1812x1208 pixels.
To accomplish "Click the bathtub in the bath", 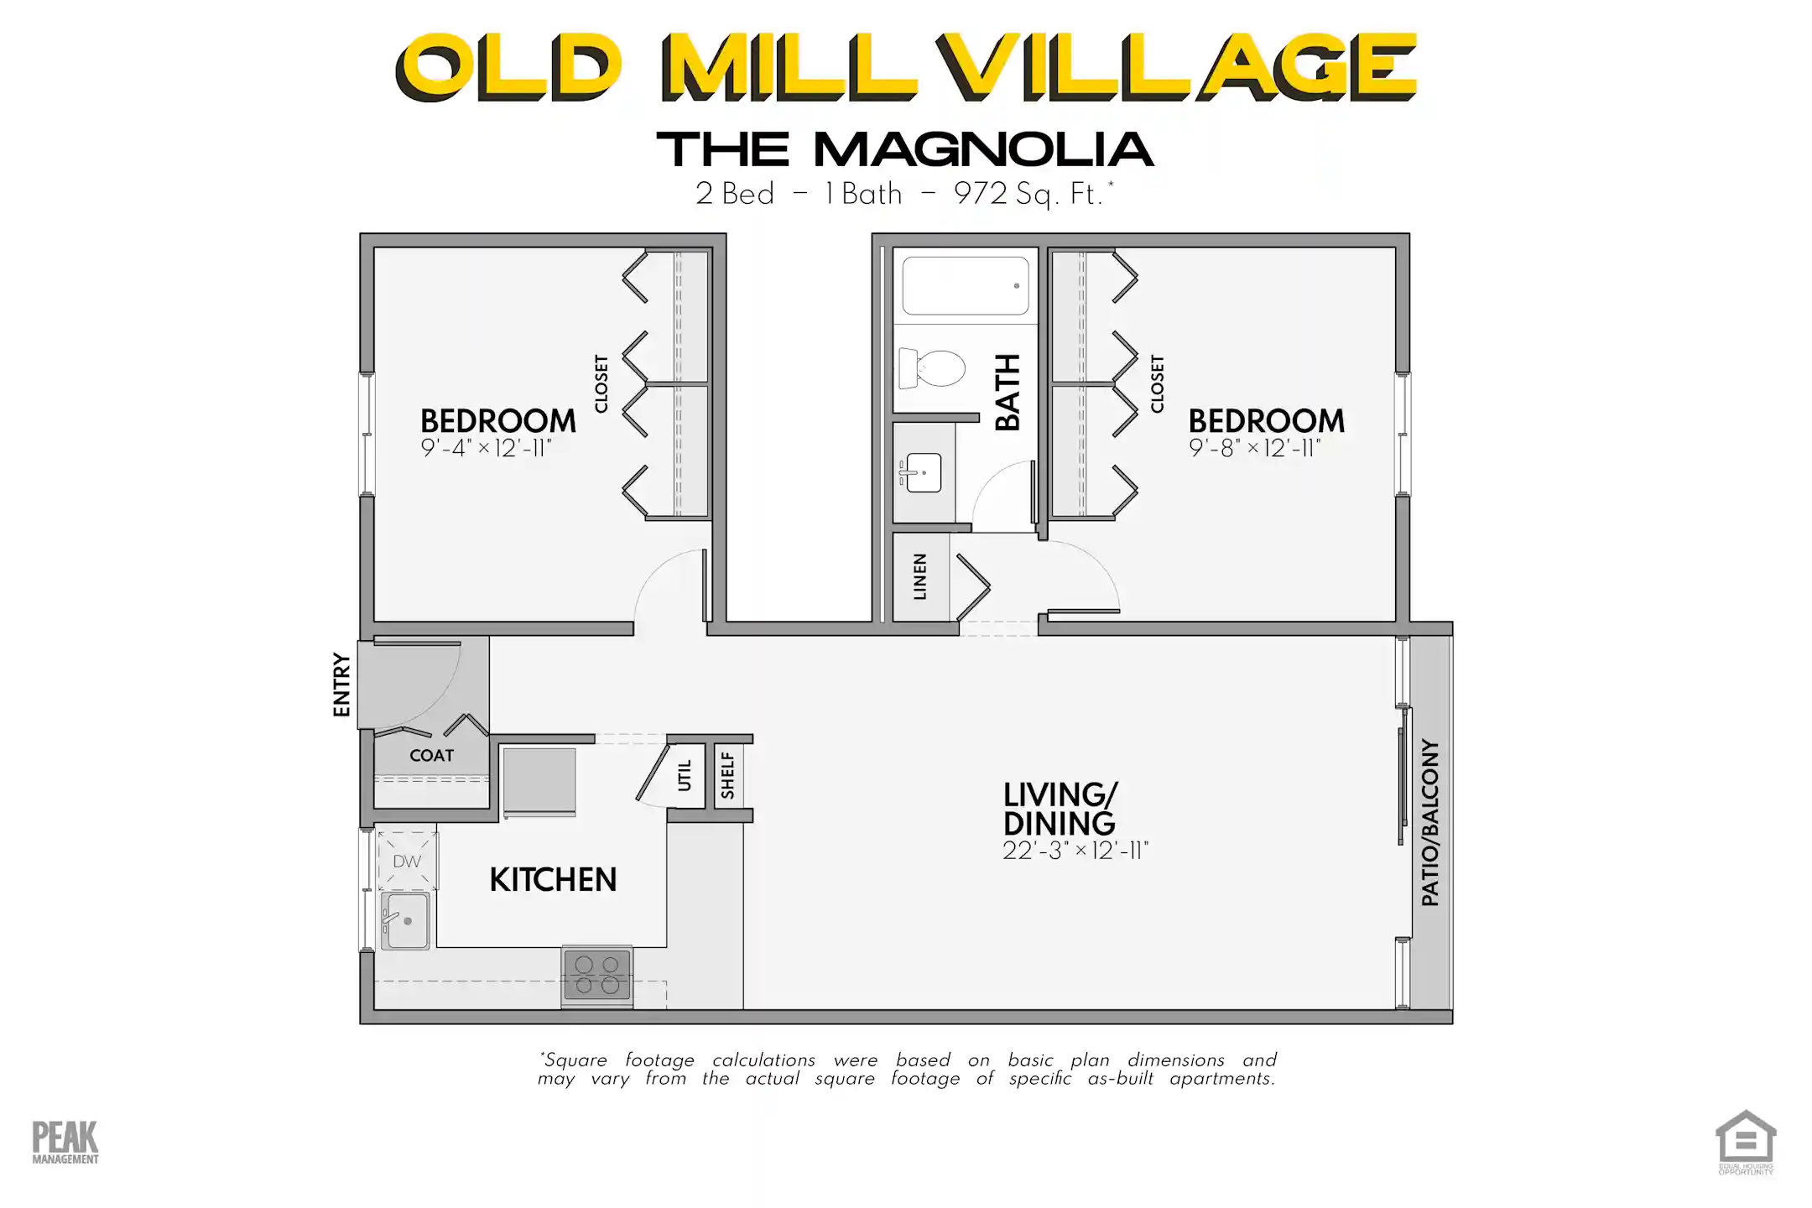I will (966, 286).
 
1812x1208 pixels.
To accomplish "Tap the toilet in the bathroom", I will (933, 368).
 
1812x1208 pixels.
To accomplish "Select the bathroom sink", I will (922, 472).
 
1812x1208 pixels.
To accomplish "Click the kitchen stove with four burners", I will (597, 976).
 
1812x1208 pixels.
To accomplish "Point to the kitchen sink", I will (406, 920).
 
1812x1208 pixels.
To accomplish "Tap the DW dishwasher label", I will (407, 862).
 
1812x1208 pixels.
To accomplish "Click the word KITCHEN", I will (553, 880).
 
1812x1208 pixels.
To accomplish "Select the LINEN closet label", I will (920, 576).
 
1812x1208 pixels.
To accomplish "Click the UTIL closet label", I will (685, 775).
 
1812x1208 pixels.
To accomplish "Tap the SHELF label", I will (727, 775).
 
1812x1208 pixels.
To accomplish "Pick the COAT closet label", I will (431, 756).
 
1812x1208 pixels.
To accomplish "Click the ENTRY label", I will (341, 685).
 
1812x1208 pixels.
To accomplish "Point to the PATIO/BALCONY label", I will (1430, 822).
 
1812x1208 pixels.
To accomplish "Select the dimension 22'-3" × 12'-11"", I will (1075, 851).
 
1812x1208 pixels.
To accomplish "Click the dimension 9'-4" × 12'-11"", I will (486, 448).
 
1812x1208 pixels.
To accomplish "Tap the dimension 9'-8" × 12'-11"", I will (1254, 448).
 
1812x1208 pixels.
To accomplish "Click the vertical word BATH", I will (1007, 392).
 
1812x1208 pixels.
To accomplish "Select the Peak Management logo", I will (65, 1143).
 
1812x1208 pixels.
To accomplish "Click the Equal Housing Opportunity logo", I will (1746, 1142).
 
